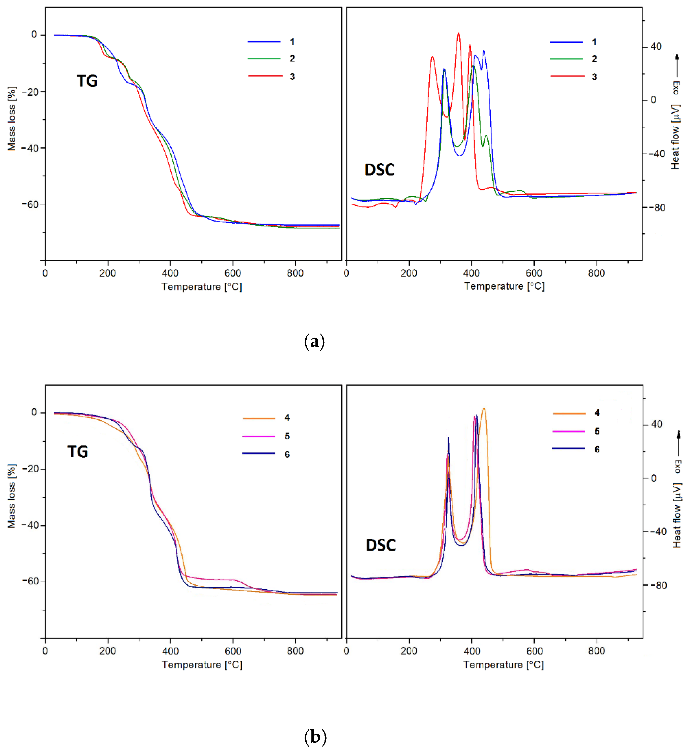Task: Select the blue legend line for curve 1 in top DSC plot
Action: tap(566, 42)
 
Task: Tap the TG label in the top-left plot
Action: tap(87, 81)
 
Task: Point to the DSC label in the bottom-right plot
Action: tap(381, 545)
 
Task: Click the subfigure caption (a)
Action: tap(314, 341)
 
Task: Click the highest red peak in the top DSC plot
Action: tap(458, 33)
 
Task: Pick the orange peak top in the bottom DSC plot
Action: tap(484, 409)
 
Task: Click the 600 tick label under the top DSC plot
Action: tap(534, 273)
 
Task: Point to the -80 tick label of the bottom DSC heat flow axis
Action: tap(658, 585)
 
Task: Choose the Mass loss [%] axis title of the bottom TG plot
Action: tap(12, 496)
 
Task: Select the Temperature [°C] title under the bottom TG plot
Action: tap(202, 665)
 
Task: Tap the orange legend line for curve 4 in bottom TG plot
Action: tap(259, 418)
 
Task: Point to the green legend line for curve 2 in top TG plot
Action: tap(264, 59)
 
